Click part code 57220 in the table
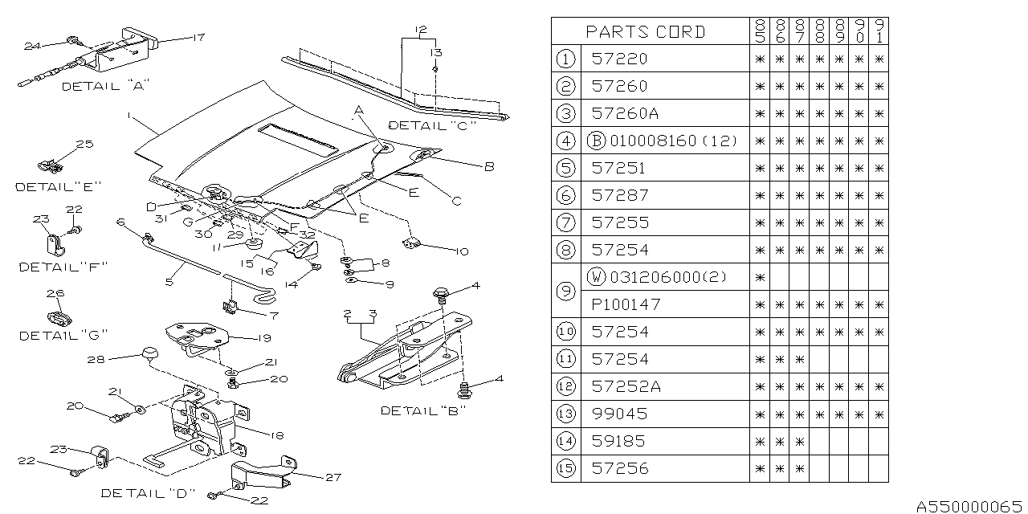618,59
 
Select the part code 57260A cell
624,113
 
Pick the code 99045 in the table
618,414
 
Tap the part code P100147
624,304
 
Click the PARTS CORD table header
646,32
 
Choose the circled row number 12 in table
567,386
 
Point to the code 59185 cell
618,441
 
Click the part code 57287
618,195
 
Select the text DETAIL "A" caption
105,86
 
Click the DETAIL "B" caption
423,410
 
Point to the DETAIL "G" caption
63,335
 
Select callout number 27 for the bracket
333,477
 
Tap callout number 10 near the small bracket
460,251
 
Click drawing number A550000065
970,506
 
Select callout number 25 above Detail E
84,145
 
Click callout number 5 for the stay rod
169,284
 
